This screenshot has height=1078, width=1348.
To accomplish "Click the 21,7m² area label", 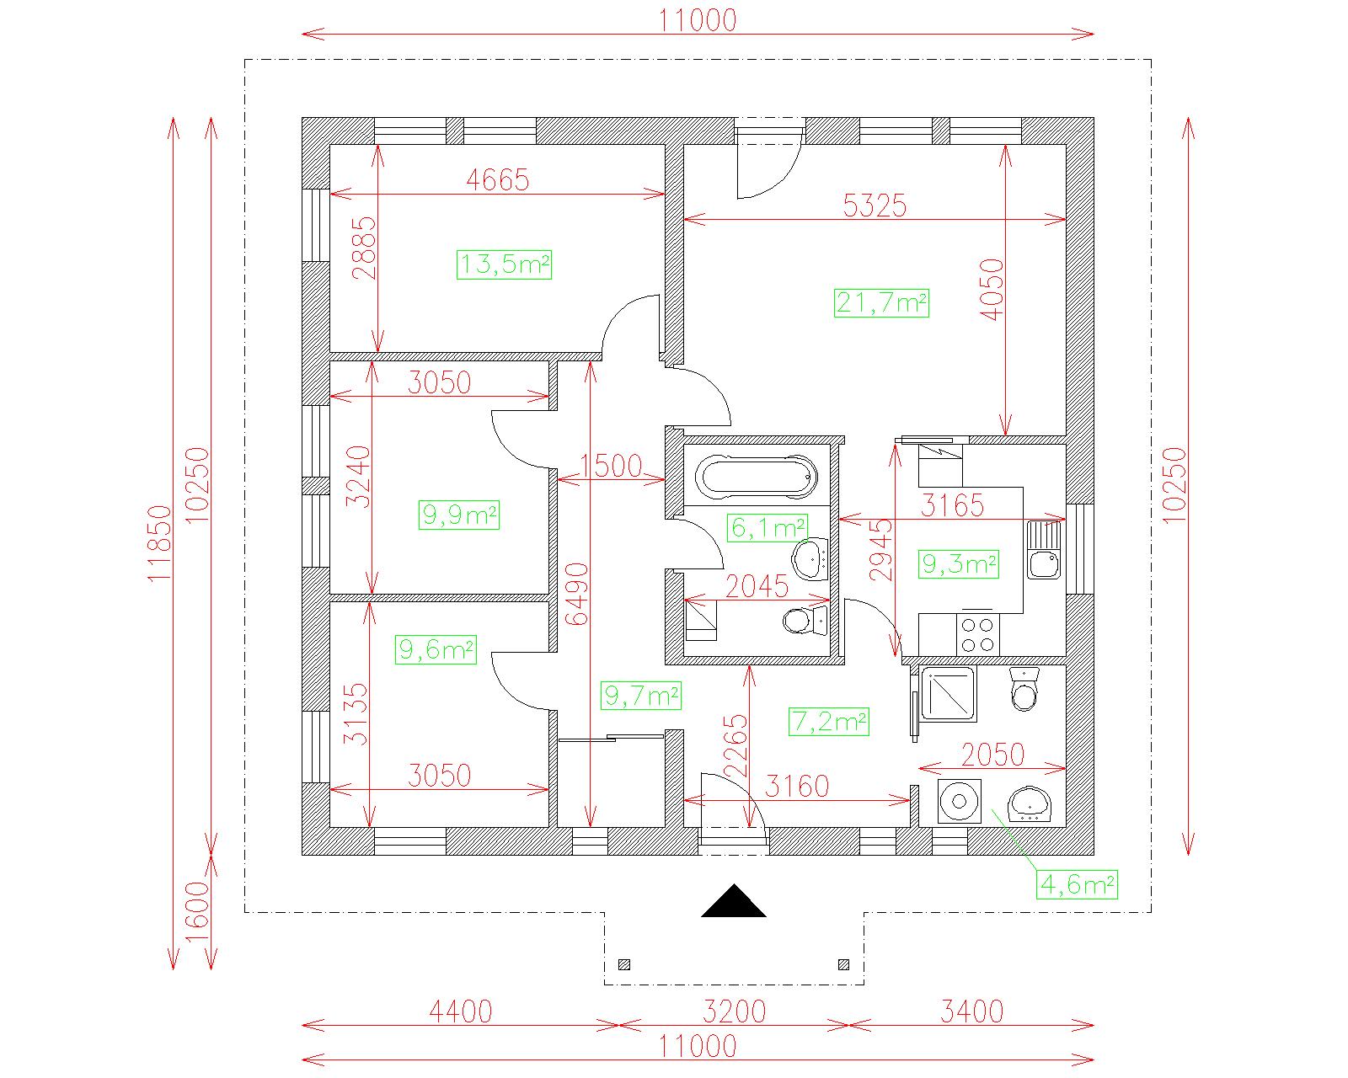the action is pyautogui.click(x=881, y=303).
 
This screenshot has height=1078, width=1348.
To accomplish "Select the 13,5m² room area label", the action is pyautogui.click(x=505, y=264).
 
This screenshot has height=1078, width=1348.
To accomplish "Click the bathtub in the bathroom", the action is pyautogui.click(x=757, y=478).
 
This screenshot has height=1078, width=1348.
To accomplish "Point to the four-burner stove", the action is pyautogui.click(x=978, y=634).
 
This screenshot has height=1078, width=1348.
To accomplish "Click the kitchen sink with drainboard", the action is pyautogui.click(x=1044, y=550).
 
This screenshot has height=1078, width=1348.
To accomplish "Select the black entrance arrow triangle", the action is pyautogui.click(x=734, y=901).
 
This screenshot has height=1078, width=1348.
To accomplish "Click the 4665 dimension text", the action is pyautogui.click(x=498, y=180).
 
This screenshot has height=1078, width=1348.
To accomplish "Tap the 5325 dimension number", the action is pyautogui.click(x=875, y=206).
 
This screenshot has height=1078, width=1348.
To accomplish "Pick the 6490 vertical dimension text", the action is pyautogui.click(x=577, y=595).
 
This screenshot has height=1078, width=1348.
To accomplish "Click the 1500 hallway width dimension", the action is pyautogui.click(x=612, y=466).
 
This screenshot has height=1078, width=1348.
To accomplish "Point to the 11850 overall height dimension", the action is pyautogui.click(x=160, y=544).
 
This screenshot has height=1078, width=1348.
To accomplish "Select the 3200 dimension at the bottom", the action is pyautogui.click(x=734, y=1011).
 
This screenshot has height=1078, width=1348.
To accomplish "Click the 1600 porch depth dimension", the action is pyautogui.click(x=198, y=911).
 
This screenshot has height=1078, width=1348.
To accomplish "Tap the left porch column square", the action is pyautogui.click(x=624, y=964).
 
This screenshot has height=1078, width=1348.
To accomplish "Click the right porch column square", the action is pyautogui.click(x=843, y=964).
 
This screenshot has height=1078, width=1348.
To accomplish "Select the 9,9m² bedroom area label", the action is pyautogui.click(x=459, y=515).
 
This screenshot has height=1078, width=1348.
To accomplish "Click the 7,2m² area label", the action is pyautogui.click(x=829, y=722).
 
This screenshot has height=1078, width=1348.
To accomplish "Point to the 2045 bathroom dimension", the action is pyautogui.click(x=757, y=587).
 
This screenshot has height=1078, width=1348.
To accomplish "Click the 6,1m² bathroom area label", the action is pyautogui.click(x=768, y=528).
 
